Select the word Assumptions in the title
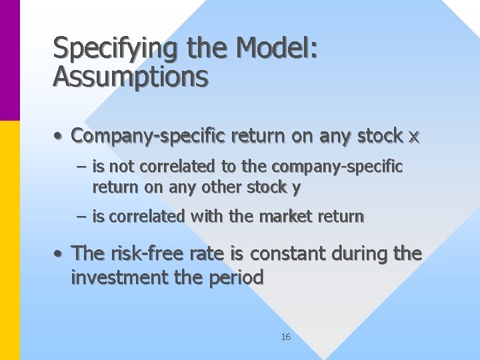click(131, 77)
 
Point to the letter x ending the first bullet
click(414, 137)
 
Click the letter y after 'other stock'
click(297, 188)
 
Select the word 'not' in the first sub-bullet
click(125, 166)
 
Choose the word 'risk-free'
click(143, 253)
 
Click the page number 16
click(285, 337)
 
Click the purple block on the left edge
click(10, 60)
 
